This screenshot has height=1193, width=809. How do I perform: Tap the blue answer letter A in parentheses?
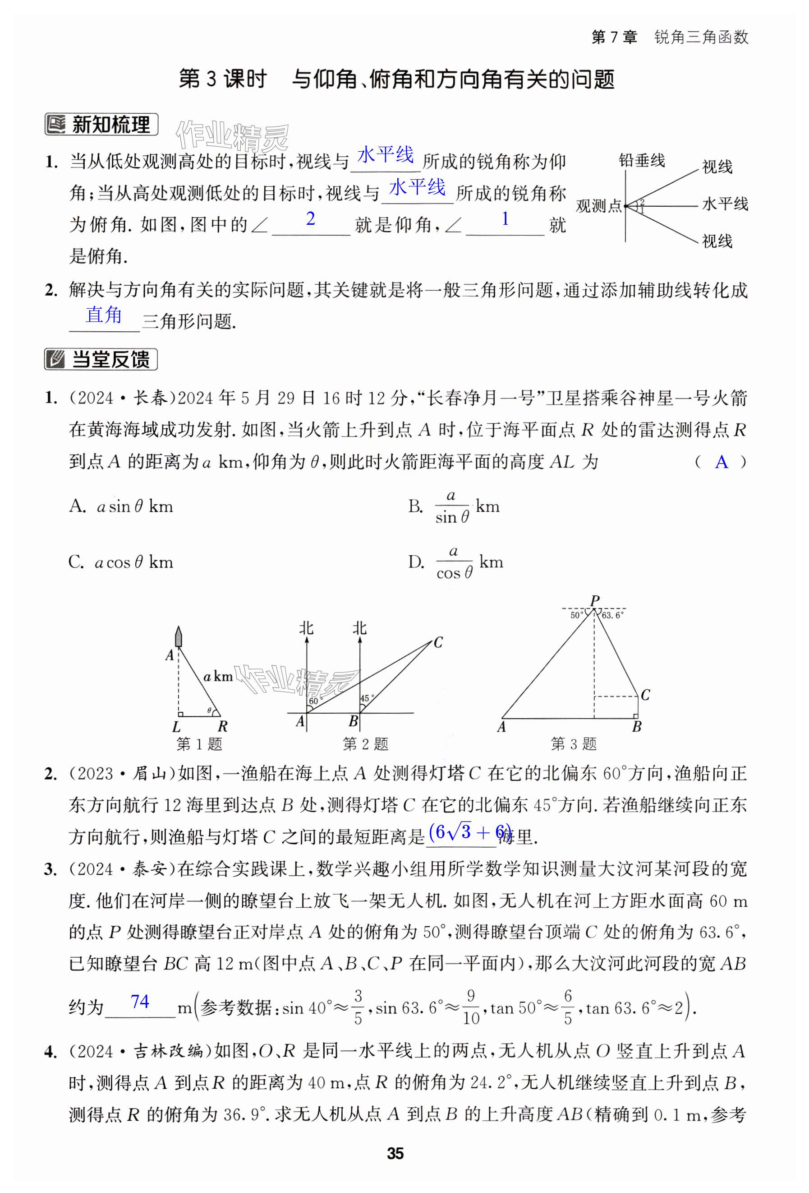tap(721, 462)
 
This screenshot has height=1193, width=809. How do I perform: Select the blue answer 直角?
tap(104, 315)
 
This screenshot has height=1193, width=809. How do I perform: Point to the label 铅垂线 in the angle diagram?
tap(641, 161)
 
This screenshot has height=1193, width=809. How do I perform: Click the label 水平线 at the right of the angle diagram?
tap(725, 204)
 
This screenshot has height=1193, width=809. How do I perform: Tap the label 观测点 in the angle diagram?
tap(598, 206)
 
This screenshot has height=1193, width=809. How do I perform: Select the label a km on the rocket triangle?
tap(218, 677)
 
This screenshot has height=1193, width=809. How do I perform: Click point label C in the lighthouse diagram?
tap(437, 642)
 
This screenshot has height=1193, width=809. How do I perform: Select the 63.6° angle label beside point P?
tap(612, 615)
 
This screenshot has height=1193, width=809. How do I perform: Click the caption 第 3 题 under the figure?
tap(574, 744)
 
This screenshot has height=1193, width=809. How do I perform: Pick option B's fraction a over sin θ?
tap(452, 506)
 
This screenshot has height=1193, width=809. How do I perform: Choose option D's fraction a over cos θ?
tap(454, 562)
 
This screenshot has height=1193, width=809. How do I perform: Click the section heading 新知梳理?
tap(101, 125)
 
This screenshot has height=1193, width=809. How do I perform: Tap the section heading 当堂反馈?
tap(101, 359)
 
